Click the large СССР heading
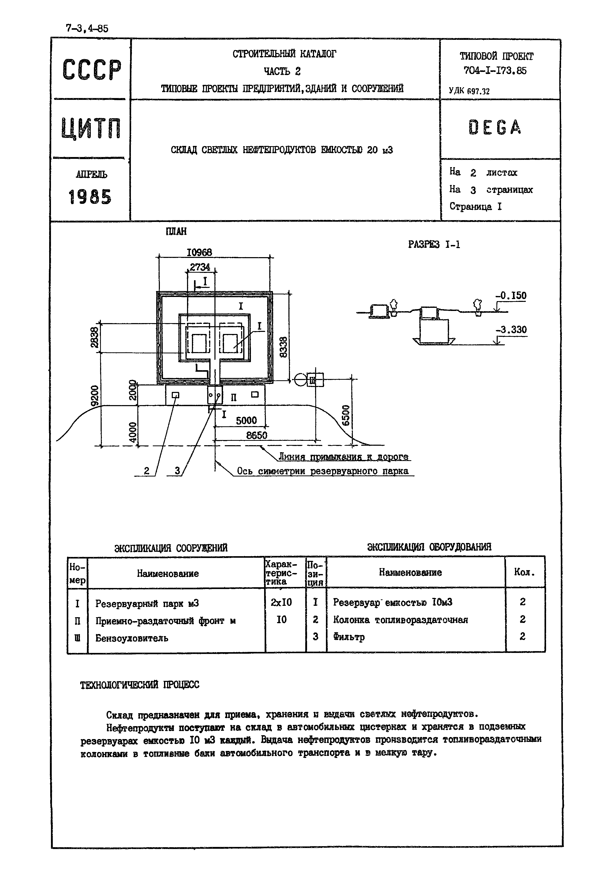(x=92, y=70)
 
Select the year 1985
(x=90, y=197)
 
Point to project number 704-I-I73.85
(x=495, y=70)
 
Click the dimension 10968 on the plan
(x=199, y=252)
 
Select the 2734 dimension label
(x=200, y=267)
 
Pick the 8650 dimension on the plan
(x=257, y=435)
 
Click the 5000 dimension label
(x=246, y=420)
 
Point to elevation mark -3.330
(x=511, y=330)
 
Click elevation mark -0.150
(x=511, y=296)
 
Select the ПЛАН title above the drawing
(x=176, y=232)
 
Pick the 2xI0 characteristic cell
(x=281, y=602)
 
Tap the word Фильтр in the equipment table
(x=349, y=637)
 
